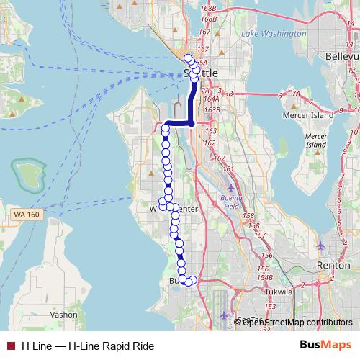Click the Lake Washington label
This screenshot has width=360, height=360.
(x=269, y=34)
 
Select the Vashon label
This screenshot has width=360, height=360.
(x=63, y=315)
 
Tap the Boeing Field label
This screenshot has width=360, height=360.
(x=231, y=202)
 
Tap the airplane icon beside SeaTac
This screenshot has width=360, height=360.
(x=225, y=316)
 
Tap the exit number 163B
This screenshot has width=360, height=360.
(x=212, y=110)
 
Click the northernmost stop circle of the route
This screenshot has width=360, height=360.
(x=189, y=59)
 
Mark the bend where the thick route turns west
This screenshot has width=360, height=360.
(x=192, y=123)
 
